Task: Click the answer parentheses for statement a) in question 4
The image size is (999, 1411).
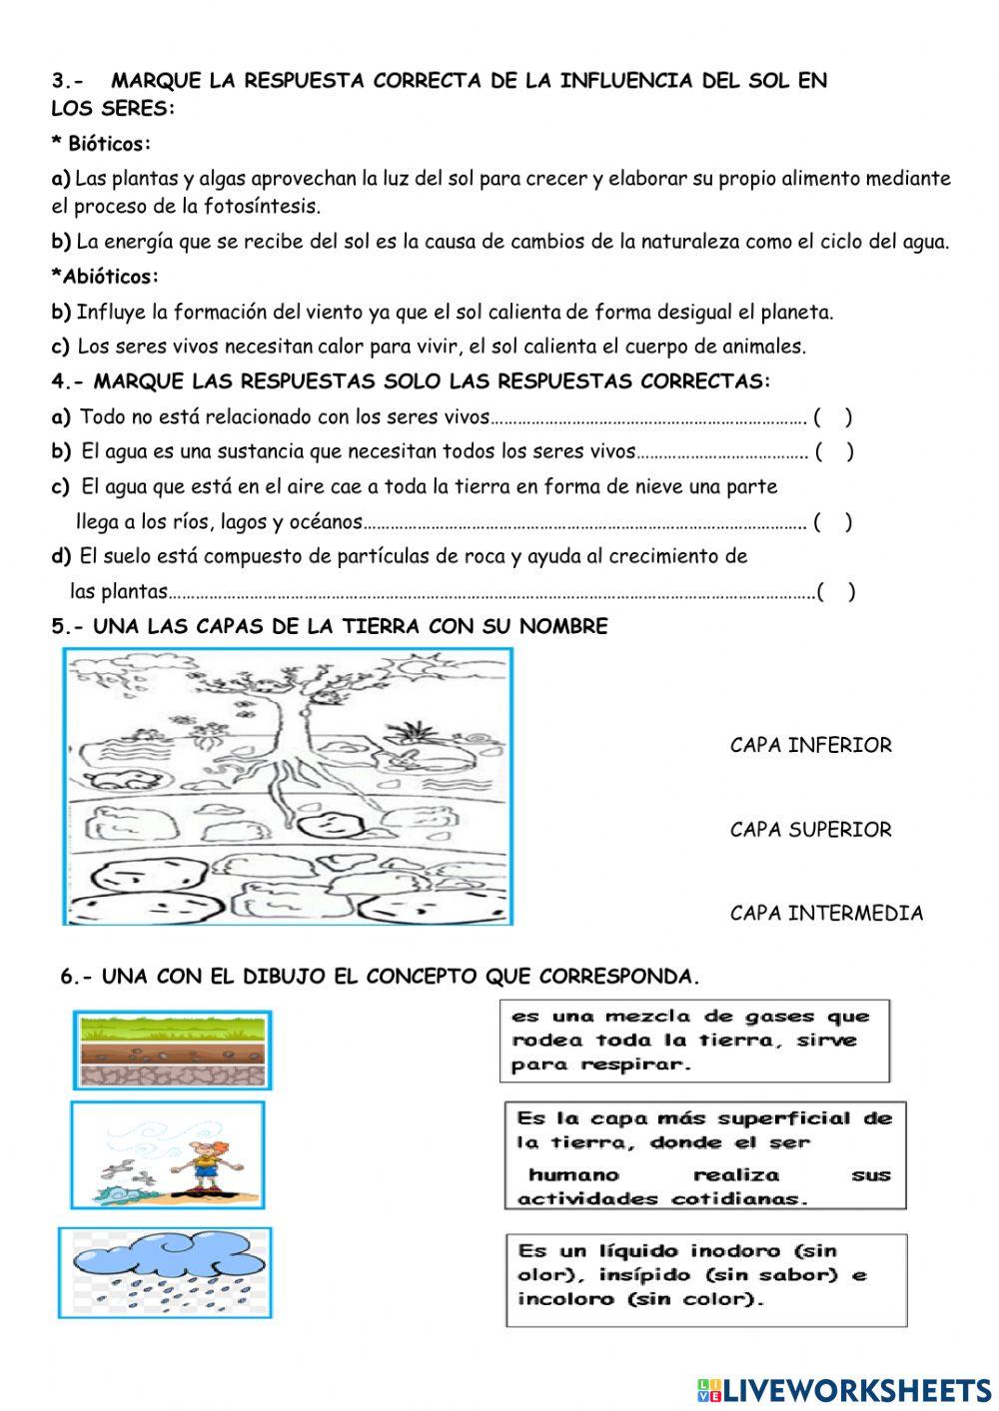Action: (x=832, y=417)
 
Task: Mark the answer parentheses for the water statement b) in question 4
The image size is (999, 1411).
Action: (x=833, y=452)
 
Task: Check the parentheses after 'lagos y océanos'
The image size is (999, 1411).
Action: (x=832, y=522)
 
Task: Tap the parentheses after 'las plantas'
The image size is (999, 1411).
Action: (x=835, y=592)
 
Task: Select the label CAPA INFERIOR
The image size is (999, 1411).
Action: (x=810, y=745)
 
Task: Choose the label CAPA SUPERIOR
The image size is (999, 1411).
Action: (x=810, y=830)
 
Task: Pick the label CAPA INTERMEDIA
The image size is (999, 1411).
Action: (x=826, y=913)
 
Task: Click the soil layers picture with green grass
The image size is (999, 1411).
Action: (x=173, y=1050)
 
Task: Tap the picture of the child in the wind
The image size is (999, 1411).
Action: (x=168, y=1155)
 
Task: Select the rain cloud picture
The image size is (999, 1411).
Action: (x=164, y=1270)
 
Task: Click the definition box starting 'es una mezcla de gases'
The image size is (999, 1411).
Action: (x=693, y=1042)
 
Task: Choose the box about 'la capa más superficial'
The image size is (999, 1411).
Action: (x=704, y=1156)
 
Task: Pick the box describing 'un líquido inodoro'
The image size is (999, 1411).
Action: (x=705, y=1279)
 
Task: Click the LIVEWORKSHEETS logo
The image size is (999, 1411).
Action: (x=844, y=1389)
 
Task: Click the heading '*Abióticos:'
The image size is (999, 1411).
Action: (x=105, y=276)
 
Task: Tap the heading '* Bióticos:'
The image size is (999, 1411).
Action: (x=101, y=144)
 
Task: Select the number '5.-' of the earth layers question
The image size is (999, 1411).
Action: (x=70, y=627)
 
